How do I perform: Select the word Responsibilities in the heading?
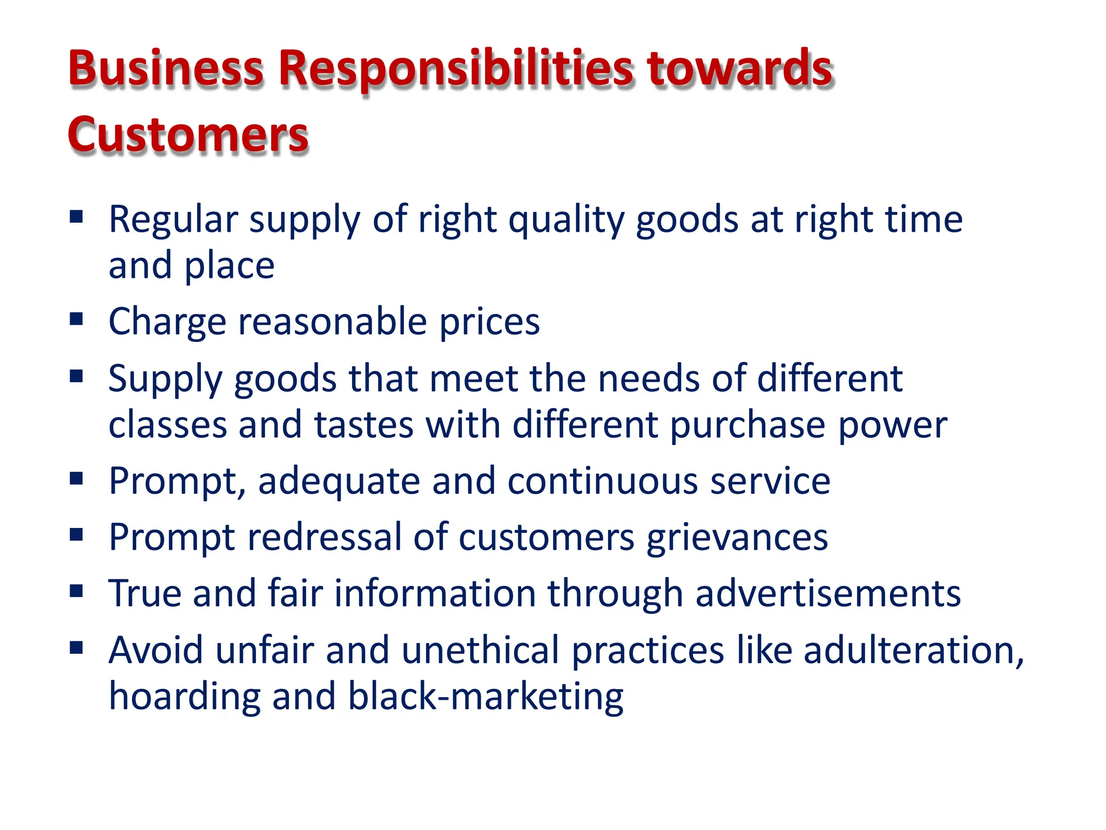click(455, 69)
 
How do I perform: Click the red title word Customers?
click(188, 135)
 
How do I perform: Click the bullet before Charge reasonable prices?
click(76, 319)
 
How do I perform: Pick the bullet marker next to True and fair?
click(76, 591)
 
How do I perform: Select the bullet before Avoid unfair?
click(76, 647)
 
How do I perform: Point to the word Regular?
click(173, 219)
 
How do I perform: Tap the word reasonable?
click(332, 322)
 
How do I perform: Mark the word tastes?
click(364, 425)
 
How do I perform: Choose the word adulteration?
click(913, 650)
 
